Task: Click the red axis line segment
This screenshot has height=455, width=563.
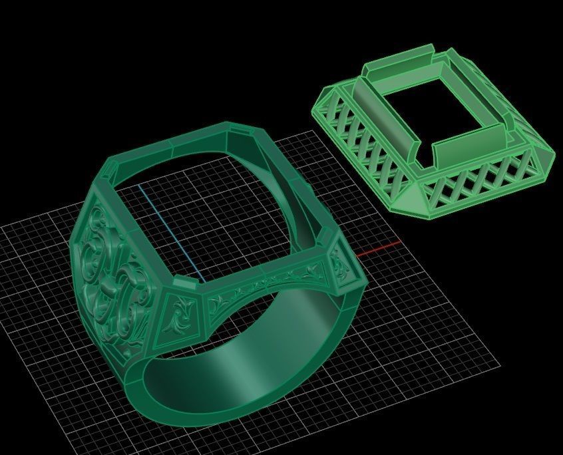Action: [379, 249]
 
